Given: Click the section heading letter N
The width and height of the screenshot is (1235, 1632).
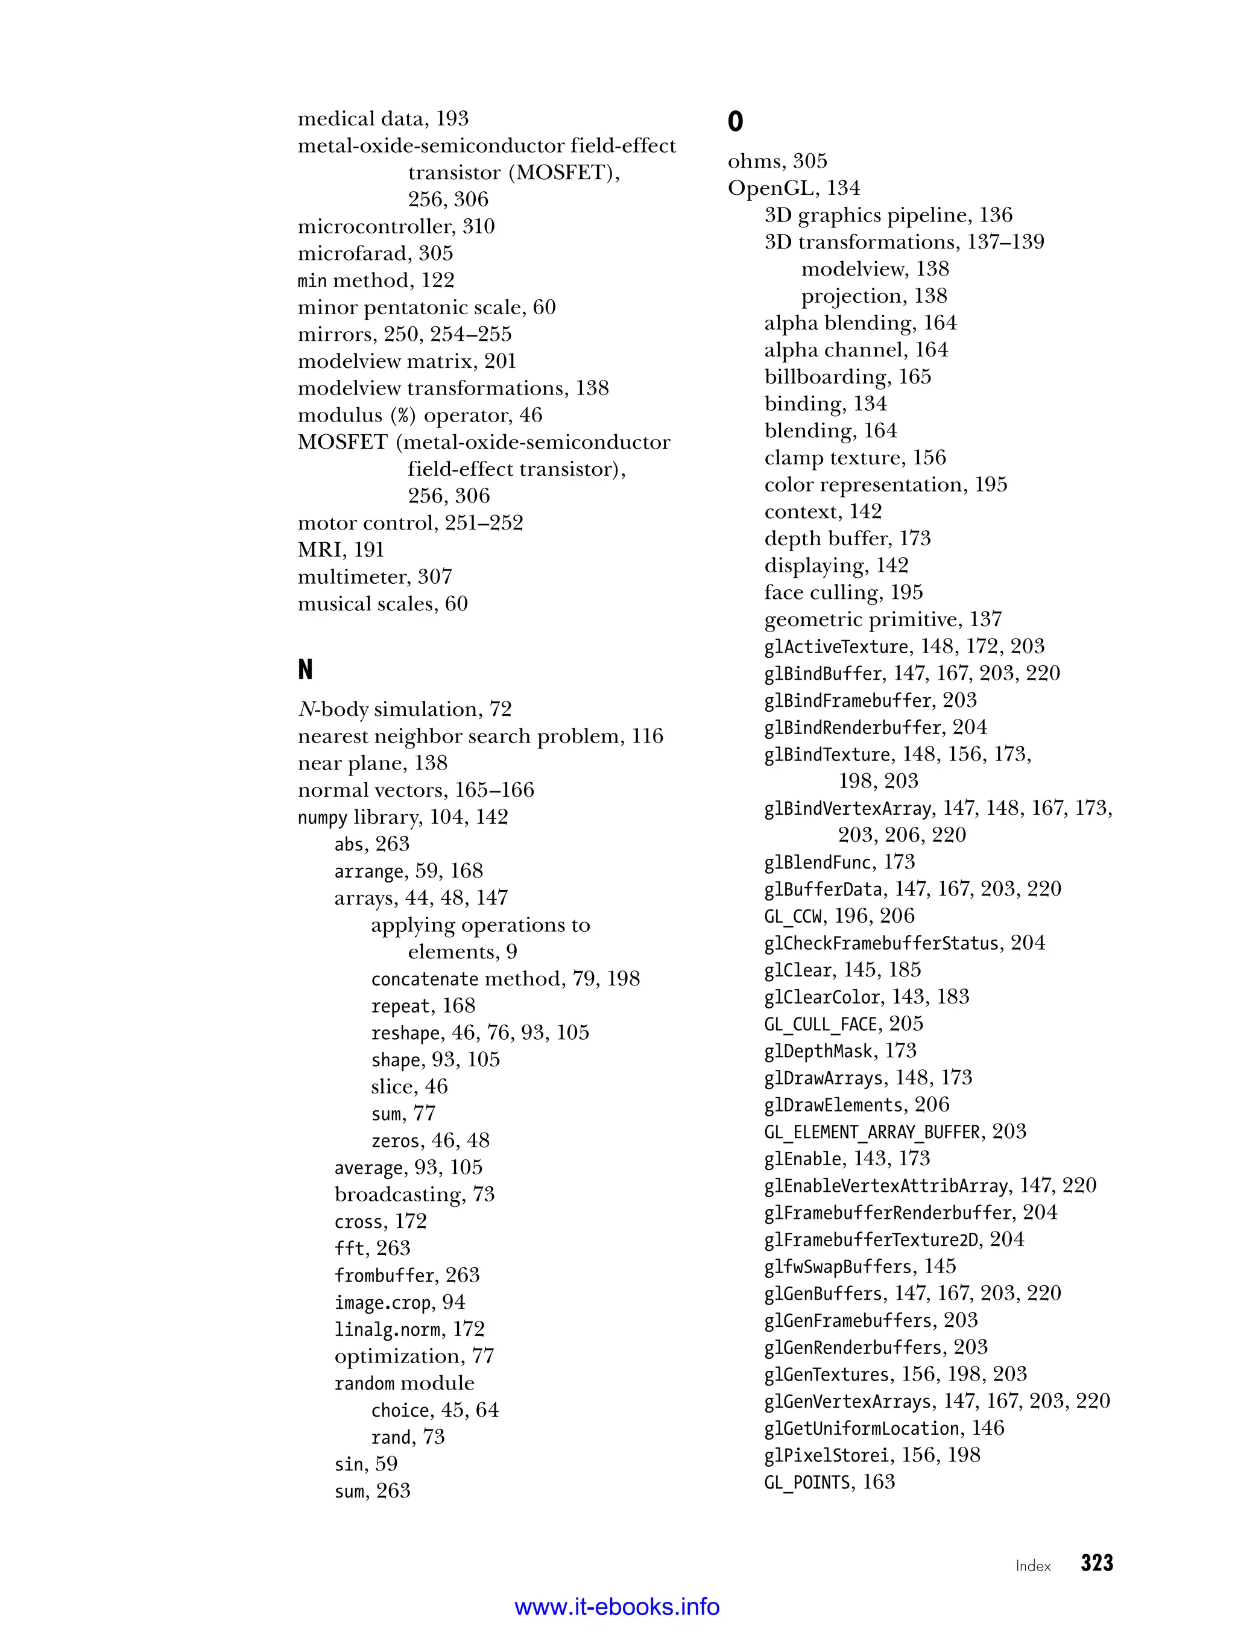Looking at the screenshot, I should pyautogui.click(x=305, y=669).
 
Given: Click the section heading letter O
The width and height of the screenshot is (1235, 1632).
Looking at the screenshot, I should pyautogui.click(x=736, y=121).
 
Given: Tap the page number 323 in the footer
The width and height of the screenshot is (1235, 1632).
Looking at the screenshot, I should pyautogui.click(x=1096, y=1563).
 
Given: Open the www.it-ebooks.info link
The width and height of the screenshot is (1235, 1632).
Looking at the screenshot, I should pyautogui.click(x=617, y=1607).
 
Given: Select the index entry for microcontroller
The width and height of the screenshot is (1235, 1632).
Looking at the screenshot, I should pyautogui.click(x=396, y=227).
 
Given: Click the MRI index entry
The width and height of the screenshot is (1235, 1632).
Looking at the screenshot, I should pyautogui.click(x=341, y=549).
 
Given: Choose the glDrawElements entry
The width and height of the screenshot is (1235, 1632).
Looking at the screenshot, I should pyautogui.click(x=856, y=1104).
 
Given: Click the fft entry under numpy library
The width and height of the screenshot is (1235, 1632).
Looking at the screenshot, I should pyautogui.click(x=372, y=1248).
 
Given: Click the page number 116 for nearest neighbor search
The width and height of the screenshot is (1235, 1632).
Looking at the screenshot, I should pyautogui.click(x=647, y=736).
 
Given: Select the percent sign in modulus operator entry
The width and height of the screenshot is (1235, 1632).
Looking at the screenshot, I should pyautogui.click(x=403, y=416).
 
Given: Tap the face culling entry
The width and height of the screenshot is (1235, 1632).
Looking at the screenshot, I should pyautogui.click(x=843, y=592).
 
